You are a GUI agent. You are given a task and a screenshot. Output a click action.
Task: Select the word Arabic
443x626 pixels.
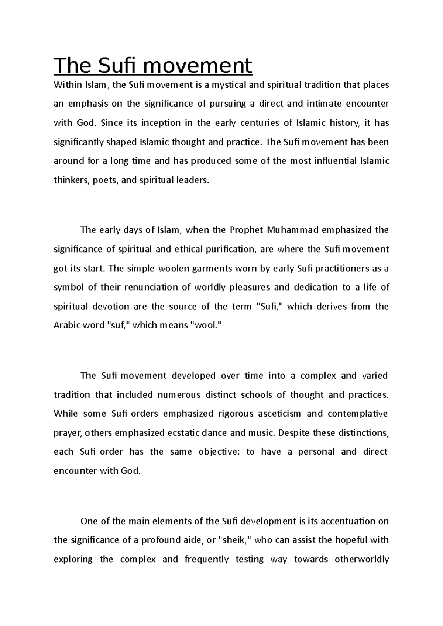(x=66, y=326)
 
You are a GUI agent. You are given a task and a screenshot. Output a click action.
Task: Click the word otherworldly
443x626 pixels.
(x=361, y=560)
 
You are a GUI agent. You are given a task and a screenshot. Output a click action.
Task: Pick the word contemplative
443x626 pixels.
(x=357, y=414)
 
